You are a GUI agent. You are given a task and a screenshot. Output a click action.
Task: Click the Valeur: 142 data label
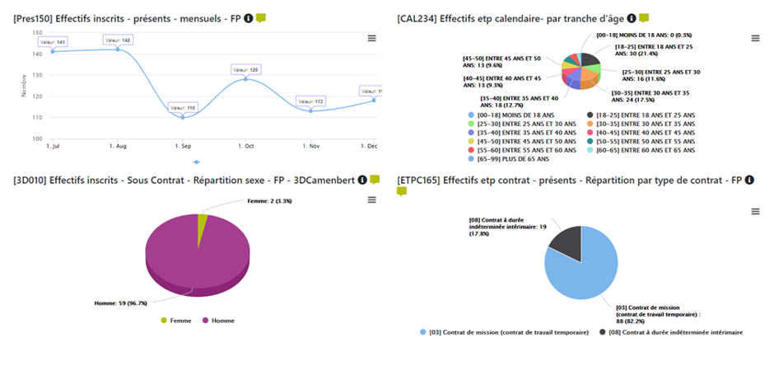point(117,39)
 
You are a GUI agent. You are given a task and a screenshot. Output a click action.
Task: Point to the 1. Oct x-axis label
point(246,146)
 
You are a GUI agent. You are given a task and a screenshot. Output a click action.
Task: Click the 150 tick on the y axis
point(36,33)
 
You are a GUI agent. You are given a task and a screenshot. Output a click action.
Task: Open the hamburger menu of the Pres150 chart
point(371,38)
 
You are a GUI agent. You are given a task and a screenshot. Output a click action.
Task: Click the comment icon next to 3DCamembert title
point(375,179)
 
